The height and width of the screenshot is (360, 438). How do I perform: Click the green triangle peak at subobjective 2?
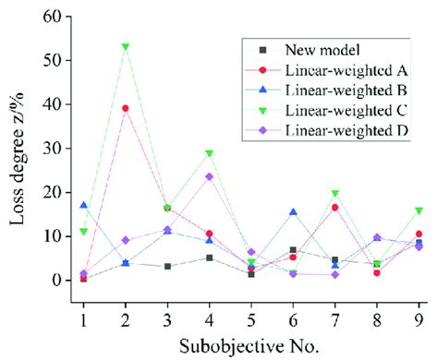tap(126, 47)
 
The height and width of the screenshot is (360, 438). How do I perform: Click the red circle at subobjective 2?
tap(126, 108)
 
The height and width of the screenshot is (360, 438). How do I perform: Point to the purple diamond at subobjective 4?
tap(209, 176)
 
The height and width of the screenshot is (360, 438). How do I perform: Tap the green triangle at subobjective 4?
tap(209, 153)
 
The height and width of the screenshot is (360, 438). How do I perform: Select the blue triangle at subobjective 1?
tap(84, 205)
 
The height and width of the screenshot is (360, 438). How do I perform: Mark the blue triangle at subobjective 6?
tap(293, 212)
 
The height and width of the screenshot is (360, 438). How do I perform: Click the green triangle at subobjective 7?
tap(335, 194)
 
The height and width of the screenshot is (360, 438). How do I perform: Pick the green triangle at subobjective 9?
tap(419, 210)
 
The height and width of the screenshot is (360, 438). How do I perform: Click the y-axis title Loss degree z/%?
tap(16, 148)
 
